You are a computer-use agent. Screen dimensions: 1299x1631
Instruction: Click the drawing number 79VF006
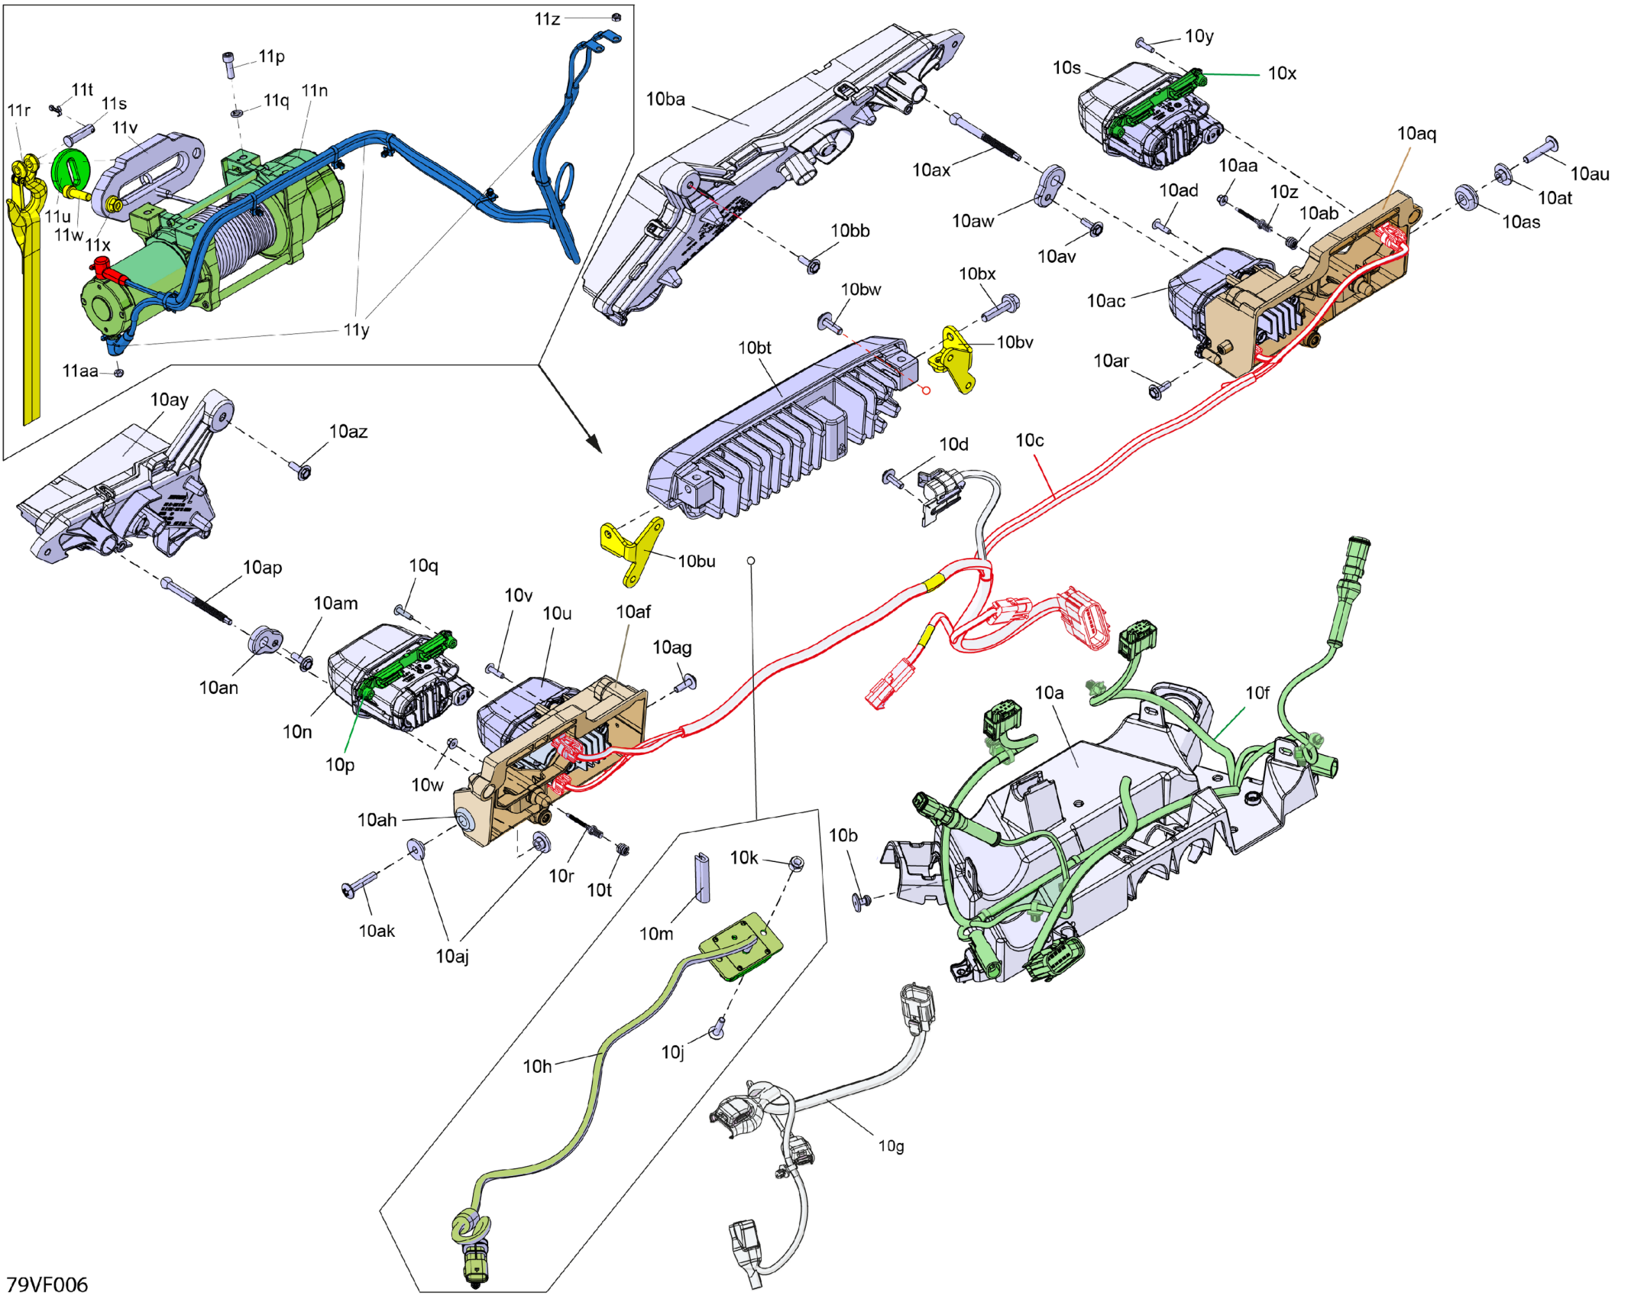[47, 1284]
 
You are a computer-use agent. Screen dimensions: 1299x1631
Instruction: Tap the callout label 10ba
[665, 99]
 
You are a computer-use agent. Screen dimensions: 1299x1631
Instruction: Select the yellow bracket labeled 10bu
[632, 552]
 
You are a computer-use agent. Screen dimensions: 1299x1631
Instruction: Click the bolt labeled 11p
[230, 64]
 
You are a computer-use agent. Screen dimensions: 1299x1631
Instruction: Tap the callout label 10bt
[754, 348]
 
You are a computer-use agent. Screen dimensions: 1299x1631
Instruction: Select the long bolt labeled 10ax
[985, 138]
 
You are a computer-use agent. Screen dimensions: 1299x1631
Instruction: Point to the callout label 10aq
[1416, 134]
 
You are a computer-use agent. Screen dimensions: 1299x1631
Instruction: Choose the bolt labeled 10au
[1542, 149]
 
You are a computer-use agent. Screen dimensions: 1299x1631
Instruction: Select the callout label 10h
[537, 1066]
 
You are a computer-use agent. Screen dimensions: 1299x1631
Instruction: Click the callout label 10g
[891, 1146]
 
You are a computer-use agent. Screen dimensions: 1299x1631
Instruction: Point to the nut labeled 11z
[616, 17]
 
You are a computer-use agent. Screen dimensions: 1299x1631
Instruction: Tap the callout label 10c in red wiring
[1029, 441]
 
